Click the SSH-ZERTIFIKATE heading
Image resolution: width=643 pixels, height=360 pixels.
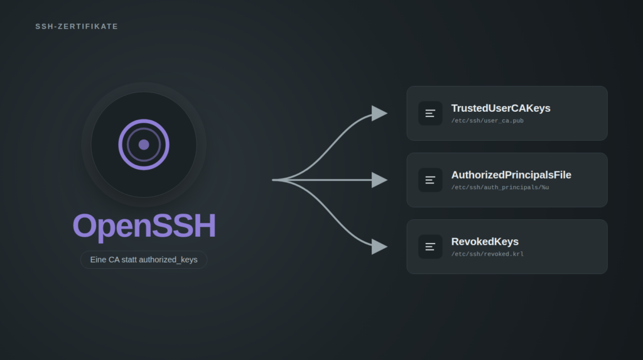(x=77, y=26)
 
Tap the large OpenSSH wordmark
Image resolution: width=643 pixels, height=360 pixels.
(x=144, y=226)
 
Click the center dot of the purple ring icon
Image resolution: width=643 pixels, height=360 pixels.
(x=144, y=145)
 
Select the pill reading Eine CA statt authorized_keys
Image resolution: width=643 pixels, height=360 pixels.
(x=144, y=260)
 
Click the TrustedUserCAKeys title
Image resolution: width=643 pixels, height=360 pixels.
(x=500, y=108)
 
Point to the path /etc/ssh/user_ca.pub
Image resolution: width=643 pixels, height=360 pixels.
(x=487, y=121)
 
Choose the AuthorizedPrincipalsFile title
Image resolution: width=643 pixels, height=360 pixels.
(x=511, y=175)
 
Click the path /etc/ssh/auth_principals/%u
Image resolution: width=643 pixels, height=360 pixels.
(x=500, y=187)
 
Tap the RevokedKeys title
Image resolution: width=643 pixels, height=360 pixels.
(x=485, y=242)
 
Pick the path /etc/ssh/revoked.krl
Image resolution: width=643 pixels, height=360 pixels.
(x=487, y=254)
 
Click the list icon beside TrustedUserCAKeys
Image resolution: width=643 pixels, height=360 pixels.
(x=430, y=113)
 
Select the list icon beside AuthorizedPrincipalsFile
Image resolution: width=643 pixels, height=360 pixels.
(x=430, y=180)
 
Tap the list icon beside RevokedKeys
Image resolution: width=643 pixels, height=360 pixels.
(x=430, y=247)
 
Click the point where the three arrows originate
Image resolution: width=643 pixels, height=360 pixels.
(x=273, y=180)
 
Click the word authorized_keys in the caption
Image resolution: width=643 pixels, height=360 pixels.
(x=168, y=260)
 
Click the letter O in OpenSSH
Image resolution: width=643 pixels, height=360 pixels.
(x=85, y=225)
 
